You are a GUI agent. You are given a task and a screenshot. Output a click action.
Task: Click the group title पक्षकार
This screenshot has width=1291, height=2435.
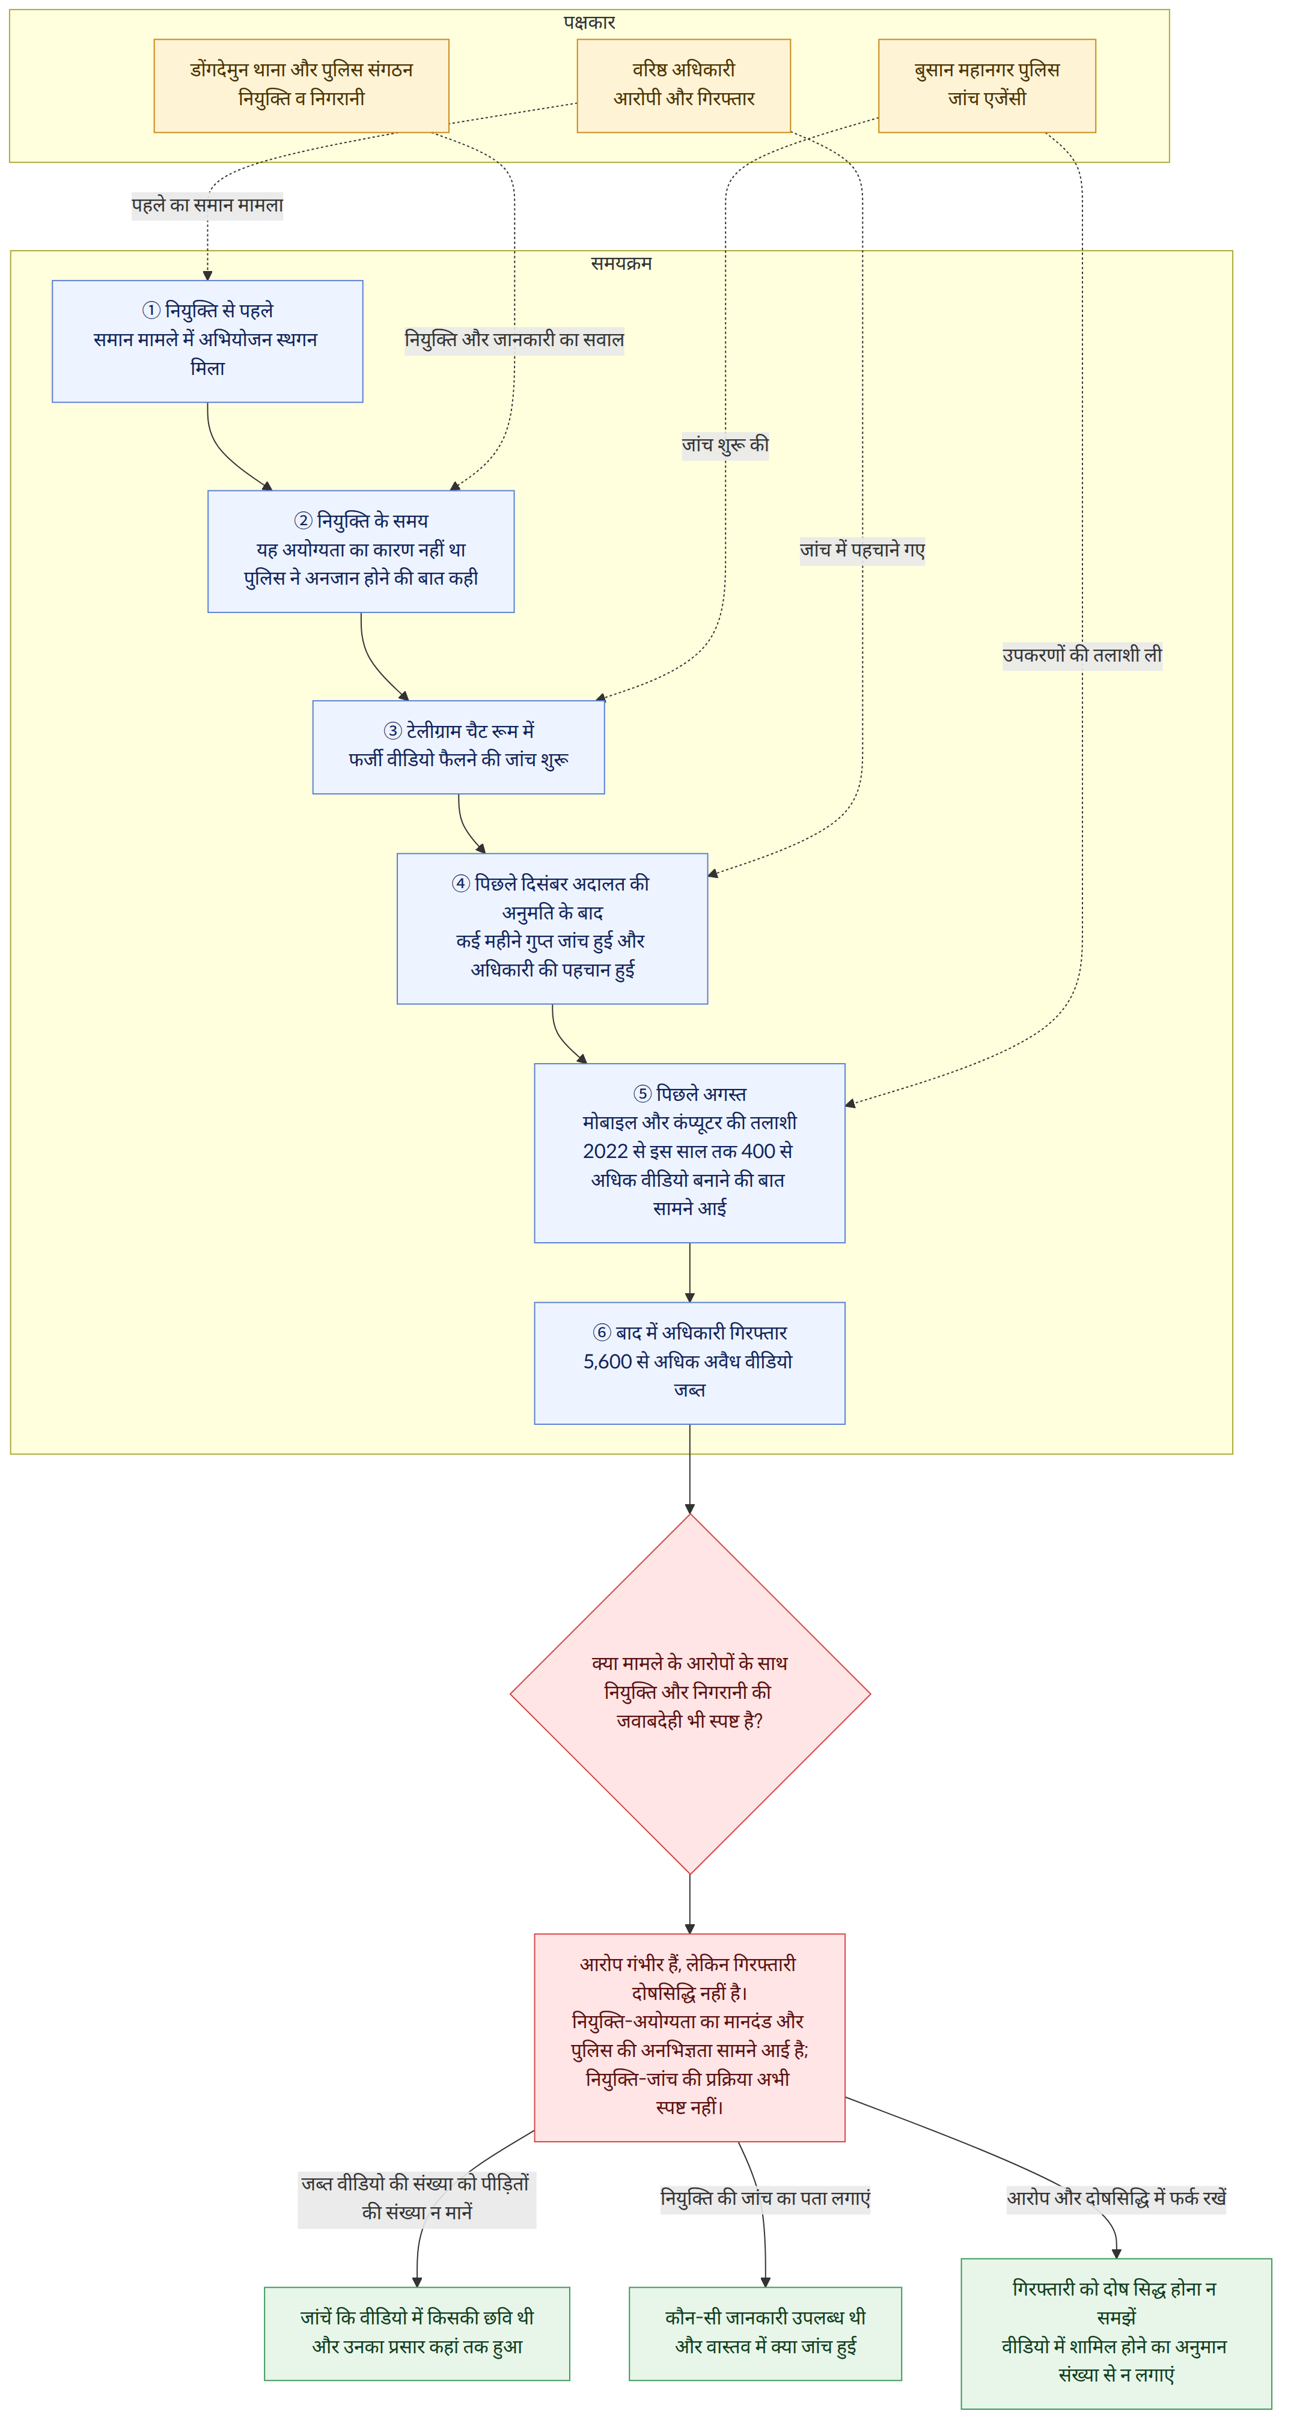[x=589, y=22]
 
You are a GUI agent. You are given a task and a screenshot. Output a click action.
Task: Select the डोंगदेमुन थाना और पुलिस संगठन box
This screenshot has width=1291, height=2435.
[x=302, y=85]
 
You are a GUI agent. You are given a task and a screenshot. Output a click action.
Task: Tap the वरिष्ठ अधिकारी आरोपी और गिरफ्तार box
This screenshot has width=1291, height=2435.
[x=683, y=85]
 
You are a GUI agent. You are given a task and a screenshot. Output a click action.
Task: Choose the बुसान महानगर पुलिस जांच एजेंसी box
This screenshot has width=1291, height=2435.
[x=987, y=85]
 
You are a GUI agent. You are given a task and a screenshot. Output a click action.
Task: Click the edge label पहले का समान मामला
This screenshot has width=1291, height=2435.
[x=207, y=205]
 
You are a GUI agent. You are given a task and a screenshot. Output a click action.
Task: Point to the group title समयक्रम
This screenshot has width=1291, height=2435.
[x=621, y=263]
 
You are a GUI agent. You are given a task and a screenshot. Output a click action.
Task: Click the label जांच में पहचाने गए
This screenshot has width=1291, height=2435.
[x=862, y=549]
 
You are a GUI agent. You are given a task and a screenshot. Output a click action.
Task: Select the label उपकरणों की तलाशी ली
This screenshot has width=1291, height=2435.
[x=1082, y=654]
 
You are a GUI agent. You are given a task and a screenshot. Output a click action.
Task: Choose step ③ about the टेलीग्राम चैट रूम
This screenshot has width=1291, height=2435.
[x=459, y=747]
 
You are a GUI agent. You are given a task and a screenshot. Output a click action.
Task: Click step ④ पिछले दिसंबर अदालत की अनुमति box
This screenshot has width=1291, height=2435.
[x=552, y=928]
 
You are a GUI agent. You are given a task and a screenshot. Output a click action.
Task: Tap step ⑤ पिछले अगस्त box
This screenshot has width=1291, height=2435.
[x=689, y=1152]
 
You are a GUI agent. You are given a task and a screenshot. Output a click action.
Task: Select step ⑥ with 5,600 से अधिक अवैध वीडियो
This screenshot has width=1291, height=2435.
[x=689, y=1362]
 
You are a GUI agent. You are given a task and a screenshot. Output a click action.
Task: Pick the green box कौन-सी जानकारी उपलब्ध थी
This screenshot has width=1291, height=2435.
[x=765, y=2333]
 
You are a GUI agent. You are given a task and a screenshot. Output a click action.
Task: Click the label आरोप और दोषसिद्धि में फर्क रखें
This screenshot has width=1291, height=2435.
[x=1116, y=2198]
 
